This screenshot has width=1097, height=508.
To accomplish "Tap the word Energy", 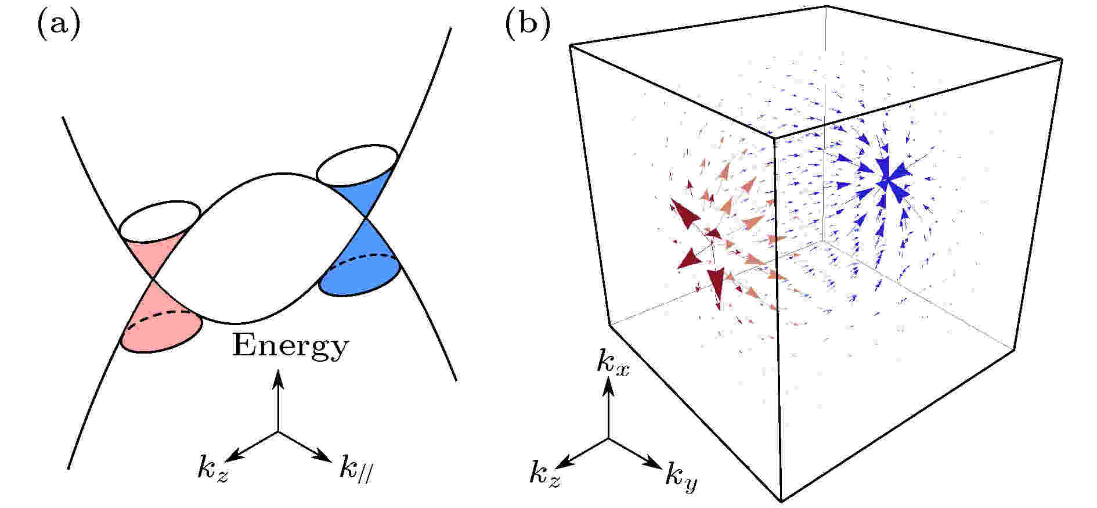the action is point(290,347).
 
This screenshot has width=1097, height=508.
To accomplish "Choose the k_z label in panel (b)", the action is point(545,475).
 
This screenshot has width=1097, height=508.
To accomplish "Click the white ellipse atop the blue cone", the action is point(357,164).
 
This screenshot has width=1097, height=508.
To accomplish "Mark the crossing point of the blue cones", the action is point(365,218).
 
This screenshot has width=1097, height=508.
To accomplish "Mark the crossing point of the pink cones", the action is point(153,280).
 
